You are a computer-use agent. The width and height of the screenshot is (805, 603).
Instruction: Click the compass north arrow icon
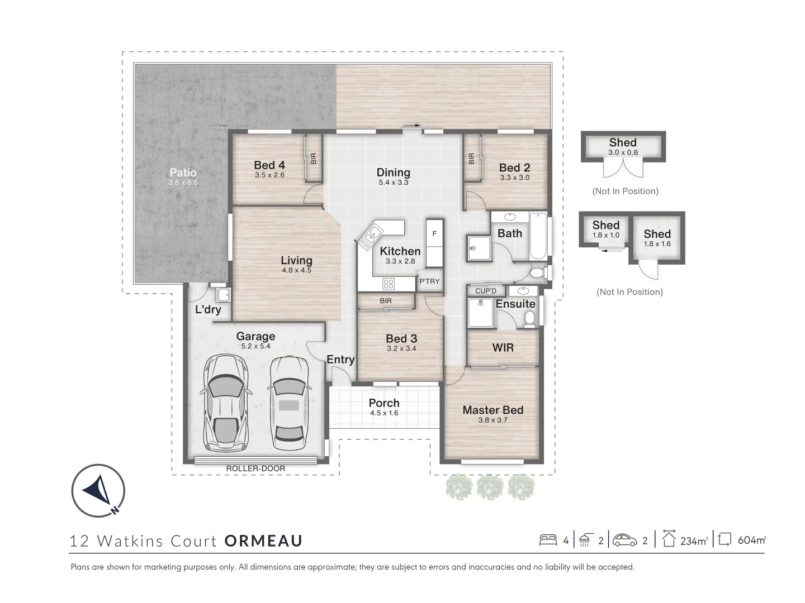[98, 491]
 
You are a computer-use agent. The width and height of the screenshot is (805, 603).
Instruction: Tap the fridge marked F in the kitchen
[434, 234]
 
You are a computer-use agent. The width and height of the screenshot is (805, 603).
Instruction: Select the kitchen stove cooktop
[389, 284]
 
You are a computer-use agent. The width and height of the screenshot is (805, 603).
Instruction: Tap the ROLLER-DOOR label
[255, 468]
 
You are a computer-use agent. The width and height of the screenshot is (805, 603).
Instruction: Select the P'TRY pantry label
[429, 281]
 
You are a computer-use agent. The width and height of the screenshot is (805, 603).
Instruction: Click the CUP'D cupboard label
[486, 291]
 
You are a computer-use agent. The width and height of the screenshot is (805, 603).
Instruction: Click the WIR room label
[503, 347]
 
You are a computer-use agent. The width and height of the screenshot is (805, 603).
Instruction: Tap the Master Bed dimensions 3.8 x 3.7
[493, 420]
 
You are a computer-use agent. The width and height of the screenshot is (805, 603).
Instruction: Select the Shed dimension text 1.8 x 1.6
[657, 244]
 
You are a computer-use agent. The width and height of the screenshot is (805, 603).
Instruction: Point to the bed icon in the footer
[548, 540]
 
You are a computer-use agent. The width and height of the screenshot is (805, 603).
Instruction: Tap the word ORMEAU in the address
[263, 540]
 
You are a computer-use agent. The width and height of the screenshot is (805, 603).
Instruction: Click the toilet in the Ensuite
[529, 318]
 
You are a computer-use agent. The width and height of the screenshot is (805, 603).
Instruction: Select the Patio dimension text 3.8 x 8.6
[183, 183]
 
